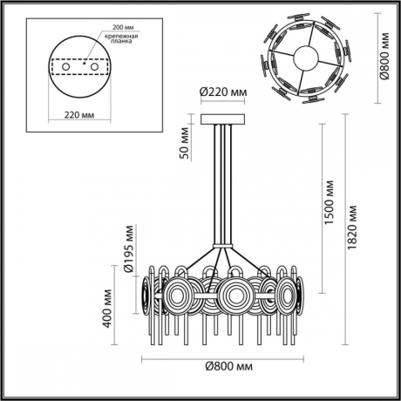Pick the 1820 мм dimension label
[352, 227]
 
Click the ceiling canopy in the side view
[225, 119]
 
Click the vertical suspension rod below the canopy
[225, 183]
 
